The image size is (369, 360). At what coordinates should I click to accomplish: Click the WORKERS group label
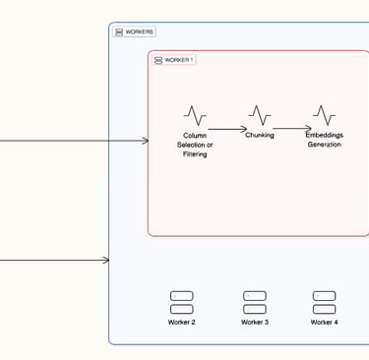[x=140, y=32]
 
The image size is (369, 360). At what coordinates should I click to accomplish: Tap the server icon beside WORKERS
[x=119, y=32]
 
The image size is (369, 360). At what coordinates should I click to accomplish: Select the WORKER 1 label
[x=179, y=60]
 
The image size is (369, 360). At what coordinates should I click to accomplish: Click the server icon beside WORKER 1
[x=158, y=60]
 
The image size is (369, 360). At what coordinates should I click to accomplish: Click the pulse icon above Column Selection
[x=195, y=116]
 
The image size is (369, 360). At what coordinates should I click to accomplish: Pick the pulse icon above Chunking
[x=260, y=115]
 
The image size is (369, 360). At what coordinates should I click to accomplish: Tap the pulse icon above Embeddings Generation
[x=324, y=115]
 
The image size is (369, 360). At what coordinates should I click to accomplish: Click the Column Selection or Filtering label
[x=195, y=145]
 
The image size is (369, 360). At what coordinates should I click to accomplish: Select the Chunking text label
[x=260, y=136]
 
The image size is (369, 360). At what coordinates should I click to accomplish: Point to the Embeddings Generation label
[x=324, y=140]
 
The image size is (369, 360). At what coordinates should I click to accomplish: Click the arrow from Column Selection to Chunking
[x=227, y=129]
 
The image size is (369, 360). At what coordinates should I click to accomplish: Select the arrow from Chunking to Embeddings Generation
[x=292, y=128]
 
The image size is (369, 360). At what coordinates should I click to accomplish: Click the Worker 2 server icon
[x=182, y=302]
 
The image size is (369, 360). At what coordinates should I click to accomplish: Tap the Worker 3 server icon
[x=254, y=302]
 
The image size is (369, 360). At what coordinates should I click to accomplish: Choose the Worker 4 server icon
[x=324, y=302]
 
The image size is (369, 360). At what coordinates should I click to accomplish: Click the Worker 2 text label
[x=182, y=323]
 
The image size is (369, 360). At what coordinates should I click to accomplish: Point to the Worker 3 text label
[x=254, y=323]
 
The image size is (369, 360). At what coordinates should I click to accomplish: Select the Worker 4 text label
[x=324, y=323]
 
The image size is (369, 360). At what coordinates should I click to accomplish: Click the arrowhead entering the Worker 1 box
[x=144, y=141]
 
